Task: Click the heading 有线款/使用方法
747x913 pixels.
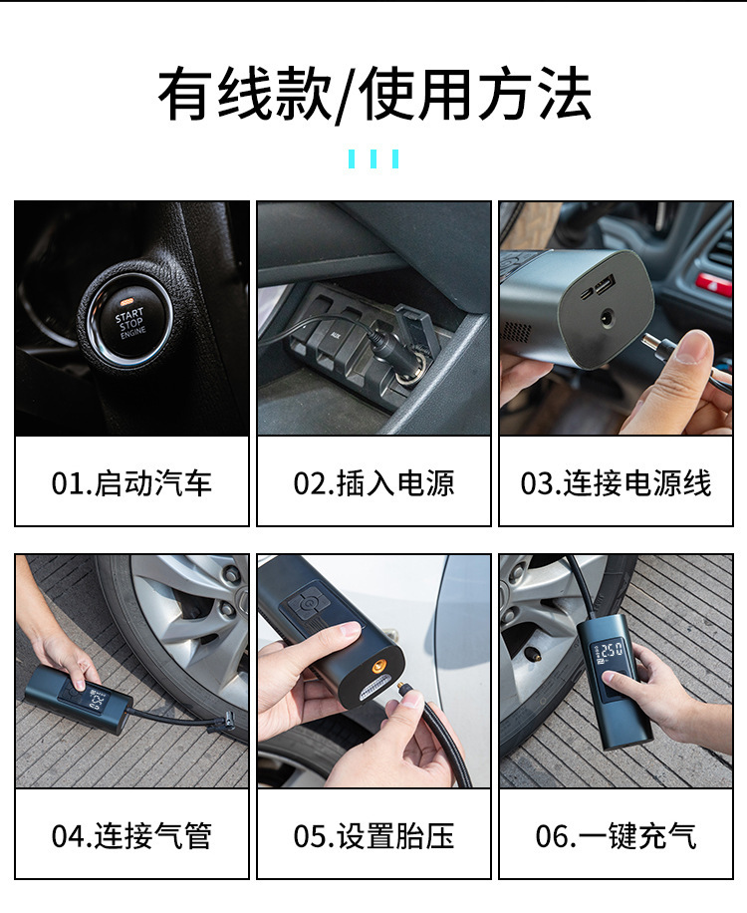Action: click(x=373, y=95)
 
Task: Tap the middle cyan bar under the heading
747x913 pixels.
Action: click(x=373, y=158)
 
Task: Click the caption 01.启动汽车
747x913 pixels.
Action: click(x=131, y=483)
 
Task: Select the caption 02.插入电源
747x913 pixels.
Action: click(x=373, y=483)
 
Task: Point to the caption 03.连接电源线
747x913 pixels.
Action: click(x=616, y=483)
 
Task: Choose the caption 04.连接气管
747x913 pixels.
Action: click(x=131, y=835)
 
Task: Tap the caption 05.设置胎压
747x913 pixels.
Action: click(x=373, y=835)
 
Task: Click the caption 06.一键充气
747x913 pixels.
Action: click(x=616, y=835)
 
